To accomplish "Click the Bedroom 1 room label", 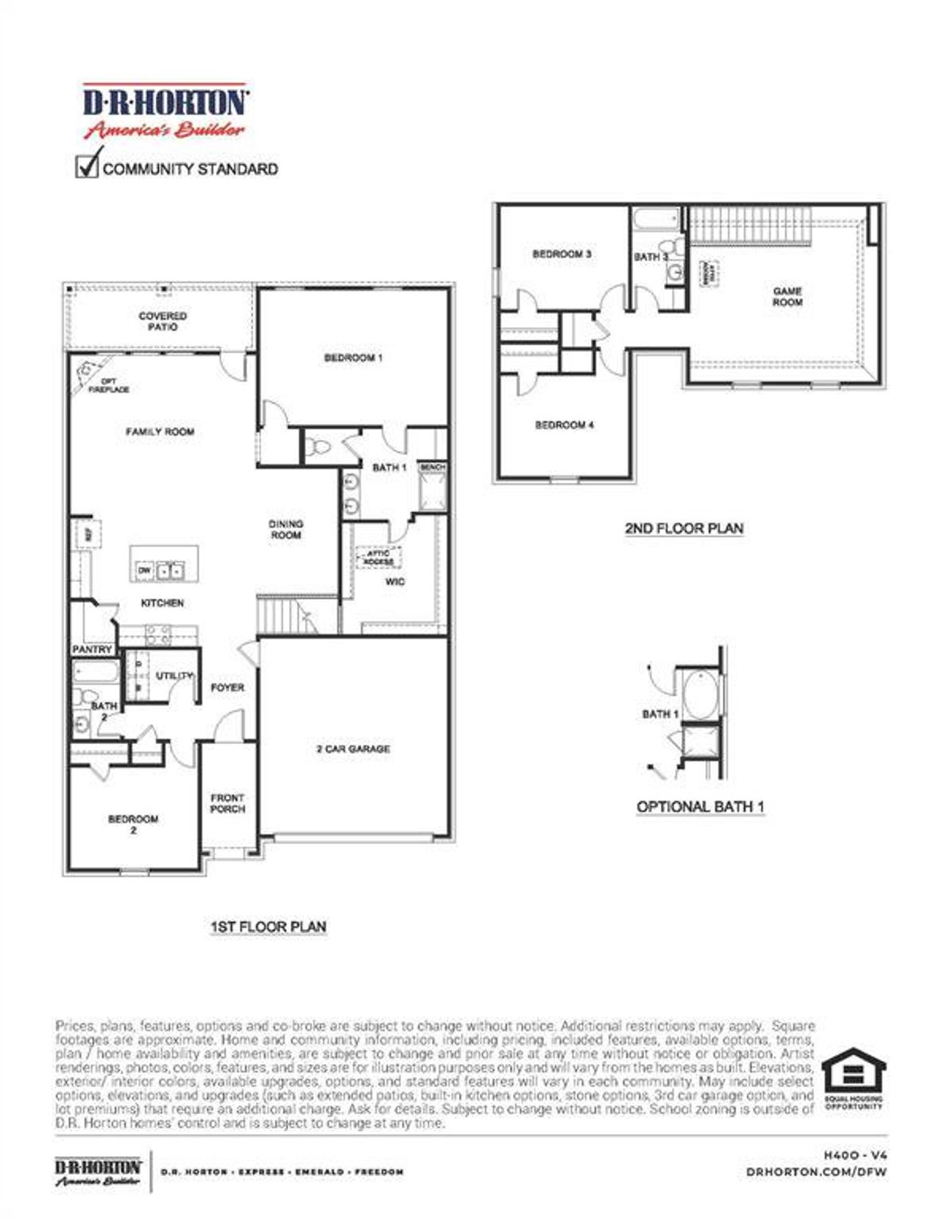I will pos(353,358).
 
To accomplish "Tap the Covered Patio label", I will pos(163,322).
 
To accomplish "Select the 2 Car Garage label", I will pos(353,749).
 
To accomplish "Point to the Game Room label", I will pos(787,297).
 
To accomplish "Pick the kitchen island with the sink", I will pos(164,564).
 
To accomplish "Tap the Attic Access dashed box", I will pos(380,558).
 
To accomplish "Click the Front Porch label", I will pos(227,804).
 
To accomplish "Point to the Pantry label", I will pos(93,650).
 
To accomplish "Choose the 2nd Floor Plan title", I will pos(684,528).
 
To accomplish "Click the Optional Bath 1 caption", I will pos(700,807).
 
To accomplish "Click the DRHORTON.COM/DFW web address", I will pos(816,1171).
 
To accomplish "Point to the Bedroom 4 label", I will pos(564,425).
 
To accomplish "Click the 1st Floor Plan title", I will pos(268,927).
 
